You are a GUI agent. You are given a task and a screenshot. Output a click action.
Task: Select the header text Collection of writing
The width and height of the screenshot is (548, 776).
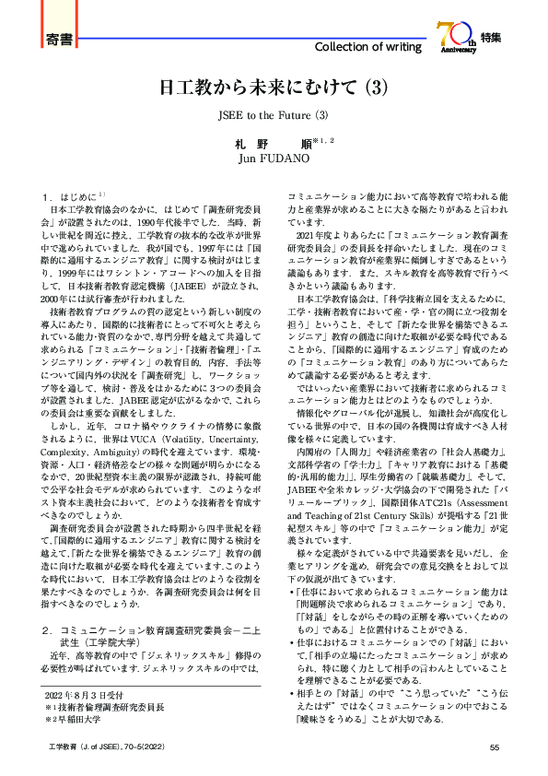[369, 47]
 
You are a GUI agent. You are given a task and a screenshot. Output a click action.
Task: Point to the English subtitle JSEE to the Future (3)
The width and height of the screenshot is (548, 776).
[273, 117]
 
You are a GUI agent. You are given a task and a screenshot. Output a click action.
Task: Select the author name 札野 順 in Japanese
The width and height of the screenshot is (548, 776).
[267, 144]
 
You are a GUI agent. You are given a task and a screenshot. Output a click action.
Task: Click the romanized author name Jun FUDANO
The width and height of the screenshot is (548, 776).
[274, 159]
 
